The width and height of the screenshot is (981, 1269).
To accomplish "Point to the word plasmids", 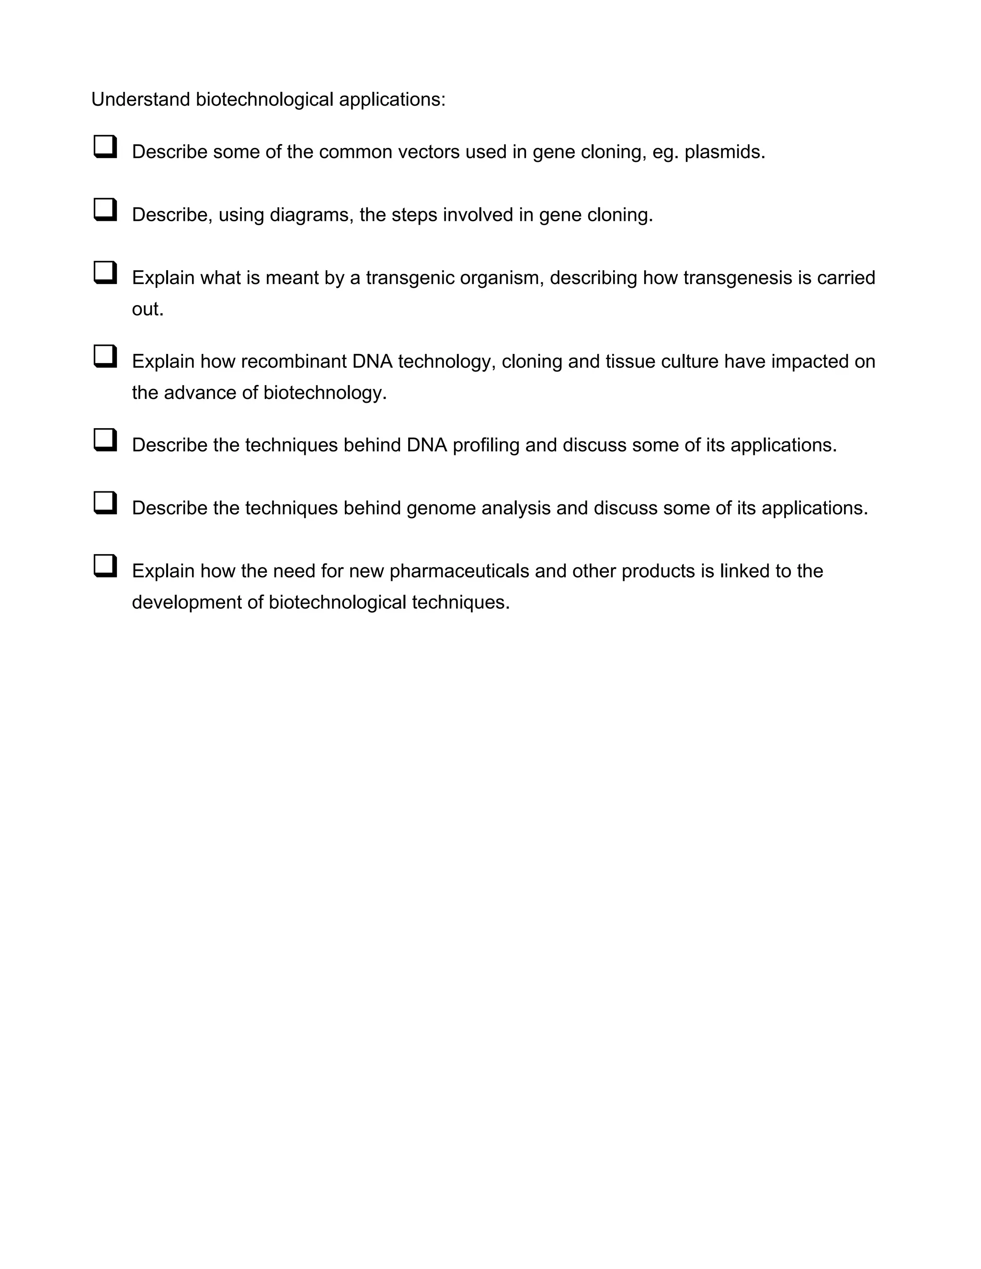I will (x=724, y=152).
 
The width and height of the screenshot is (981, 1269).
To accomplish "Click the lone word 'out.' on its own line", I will (x=148, y=309).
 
